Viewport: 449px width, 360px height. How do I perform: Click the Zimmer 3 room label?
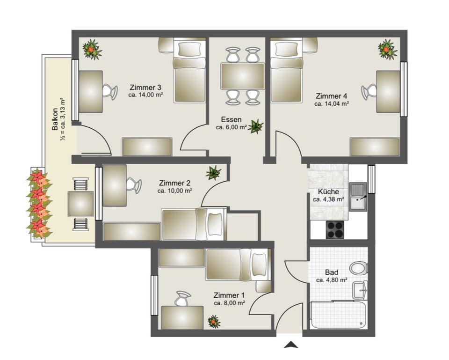click(x=145, y=87)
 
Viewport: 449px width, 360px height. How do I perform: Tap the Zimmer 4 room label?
click(x=331, y=96)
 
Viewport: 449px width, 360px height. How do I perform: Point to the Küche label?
click(x=328, y=192)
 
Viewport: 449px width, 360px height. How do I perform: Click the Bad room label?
click(x=332, y=272)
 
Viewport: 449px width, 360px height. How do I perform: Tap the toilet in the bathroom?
click(x=359, y=268)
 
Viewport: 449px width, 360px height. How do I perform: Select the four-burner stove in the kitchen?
click(x=335, y=229)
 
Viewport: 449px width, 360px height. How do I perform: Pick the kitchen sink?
click(x=358, y=197)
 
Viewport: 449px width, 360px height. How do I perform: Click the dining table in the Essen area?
click(x=243, y=76)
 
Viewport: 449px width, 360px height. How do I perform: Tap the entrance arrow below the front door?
click(x=291, y=345)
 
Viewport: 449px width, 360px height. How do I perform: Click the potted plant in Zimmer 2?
click(x=213, y=173)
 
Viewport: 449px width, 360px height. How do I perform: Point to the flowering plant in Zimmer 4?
click(x=388, y=50)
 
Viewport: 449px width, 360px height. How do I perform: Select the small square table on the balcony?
click(x=81, y=205)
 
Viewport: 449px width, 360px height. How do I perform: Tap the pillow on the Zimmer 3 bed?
click(x=189, y=49)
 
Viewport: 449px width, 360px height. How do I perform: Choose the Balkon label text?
click(x=55, y=119)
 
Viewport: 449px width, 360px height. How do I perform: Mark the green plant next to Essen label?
click(x=255, y=126)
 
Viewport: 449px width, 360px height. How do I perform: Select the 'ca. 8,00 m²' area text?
click(x=229, y=303)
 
